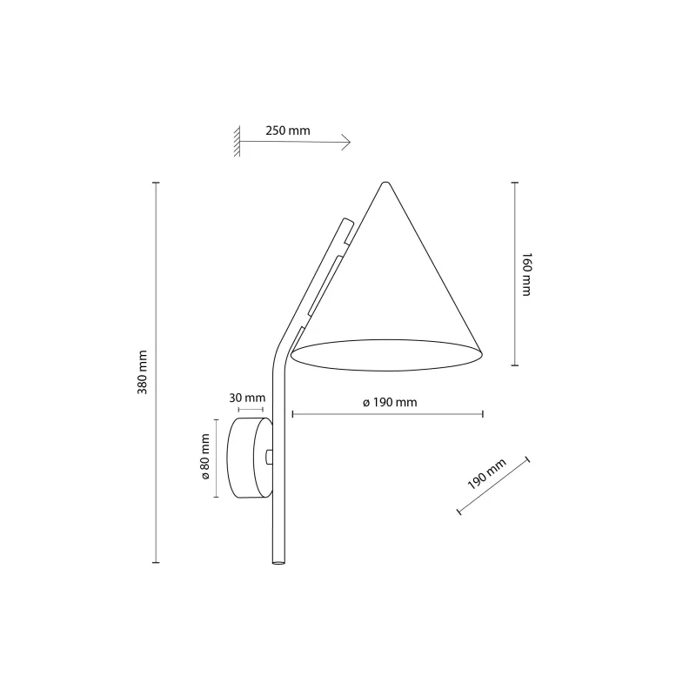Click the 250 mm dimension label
[288, 130]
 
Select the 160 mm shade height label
[525, 275]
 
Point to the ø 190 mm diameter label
[390, 402]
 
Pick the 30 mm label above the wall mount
[248, 398]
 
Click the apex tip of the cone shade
[385, 183]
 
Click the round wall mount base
[247, 457]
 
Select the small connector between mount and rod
[269, 457]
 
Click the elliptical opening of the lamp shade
[387, 355]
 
